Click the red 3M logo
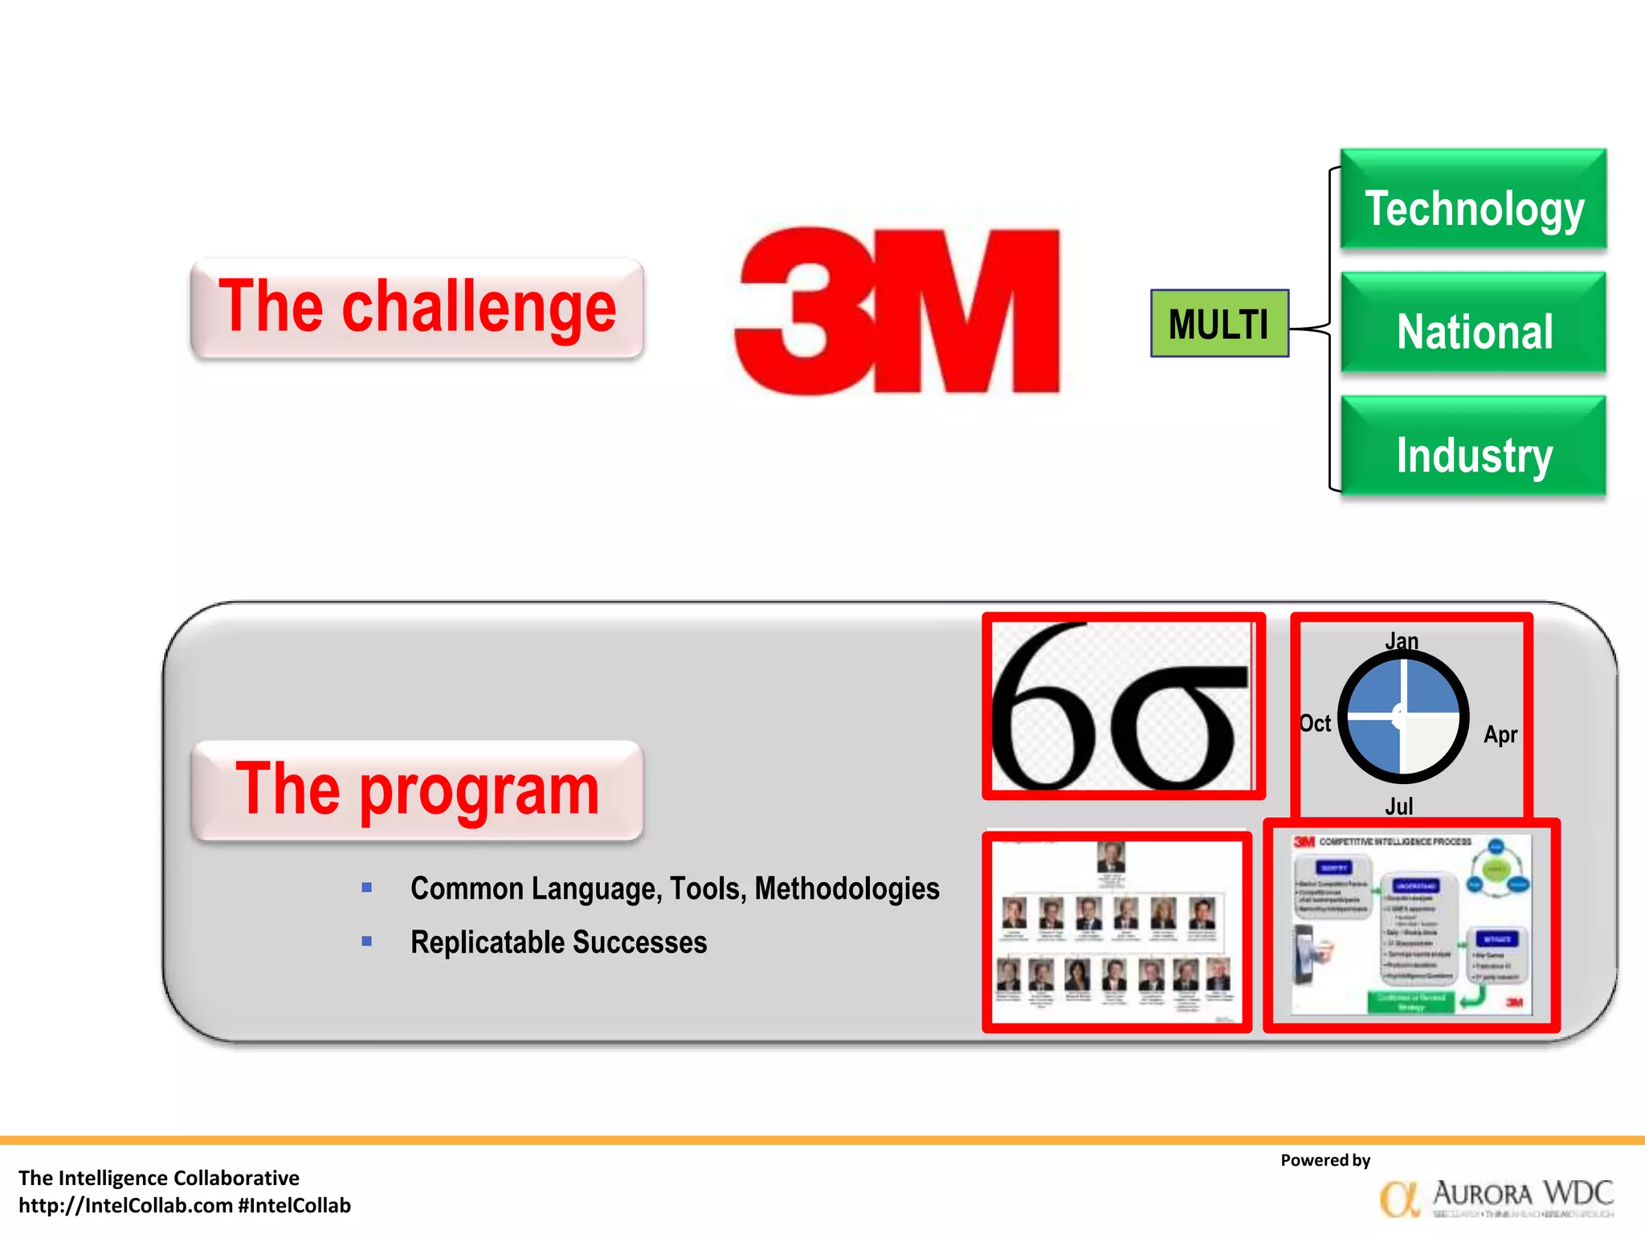click(x=897, y=312)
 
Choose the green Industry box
click(x=1473, y=447)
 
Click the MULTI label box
click(x=1219, y=324)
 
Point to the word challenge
click(x=479, y=308)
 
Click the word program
click(x=480, y=791)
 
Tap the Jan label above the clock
click(x=1402, y=641)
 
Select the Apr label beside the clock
click(x=1500, y=734)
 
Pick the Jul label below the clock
click(x=1398, y=806)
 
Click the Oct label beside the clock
click(x=1316, y=724)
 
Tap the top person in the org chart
click(x=1111, y=857)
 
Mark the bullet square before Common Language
click(x=367, y=888)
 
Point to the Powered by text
click(x=1325, y=1160)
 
